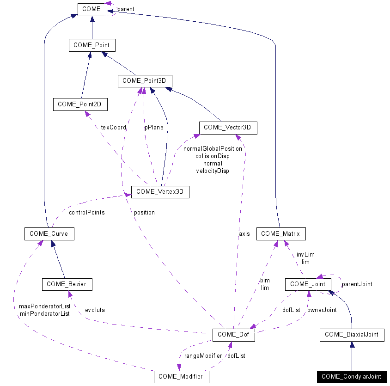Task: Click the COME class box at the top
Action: tap(92, 9)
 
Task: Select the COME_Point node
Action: tap(91, 45)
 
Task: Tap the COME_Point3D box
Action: tap(145, 81)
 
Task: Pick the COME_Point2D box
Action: tap(80, 104)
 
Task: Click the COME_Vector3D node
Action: tap(228, 128)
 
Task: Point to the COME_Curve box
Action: tap(49, 233)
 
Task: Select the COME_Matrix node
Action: tap(280, 233)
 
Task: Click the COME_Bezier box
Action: tap(67, 284)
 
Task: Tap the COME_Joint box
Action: tap(308, 284)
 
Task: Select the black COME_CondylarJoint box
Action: tap(352, 377)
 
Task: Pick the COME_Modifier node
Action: tap(181, 377)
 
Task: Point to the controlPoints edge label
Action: tap(86, 213)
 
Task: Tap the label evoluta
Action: tap(95, 310)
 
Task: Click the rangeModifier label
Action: tap(203, 355)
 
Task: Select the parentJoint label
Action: tap(357, 284)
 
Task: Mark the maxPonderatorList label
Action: tap(44, 306)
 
